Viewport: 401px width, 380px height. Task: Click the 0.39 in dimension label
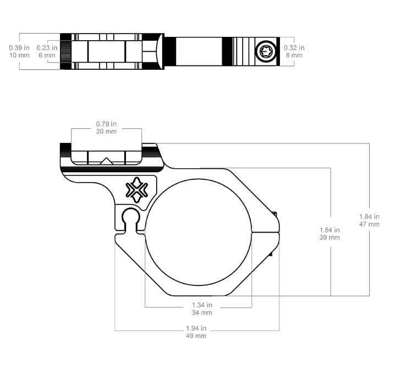(19, 48)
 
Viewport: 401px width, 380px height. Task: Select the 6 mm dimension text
(47, 56)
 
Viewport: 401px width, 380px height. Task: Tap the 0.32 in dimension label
(294, 48)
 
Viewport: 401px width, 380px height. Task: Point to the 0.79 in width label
(107, 124)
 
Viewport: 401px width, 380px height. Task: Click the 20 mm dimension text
(107, 131)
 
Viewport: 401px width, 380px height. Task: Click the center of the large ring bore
(198, 232)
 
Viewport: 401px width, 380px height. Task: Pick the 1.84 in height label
(369, 216)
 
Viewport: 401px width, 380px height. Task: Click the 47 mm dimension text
(369, 224)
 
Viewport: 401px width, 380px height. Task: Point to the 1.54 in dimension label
(329, 230)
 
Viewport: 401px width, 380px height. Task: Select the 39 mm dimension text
(329, 238)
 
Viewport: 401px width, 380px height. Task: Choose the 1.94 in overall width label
(196, 328)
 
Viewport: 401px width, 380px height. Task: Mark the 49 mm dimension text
(196, 336)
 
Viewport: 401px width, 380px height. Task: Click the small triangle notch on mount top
(106, 161)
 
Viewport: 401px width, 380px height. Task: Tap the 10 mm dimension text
(19, 56)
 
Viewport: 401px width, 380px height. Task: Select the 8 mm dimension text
(294, 56)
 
